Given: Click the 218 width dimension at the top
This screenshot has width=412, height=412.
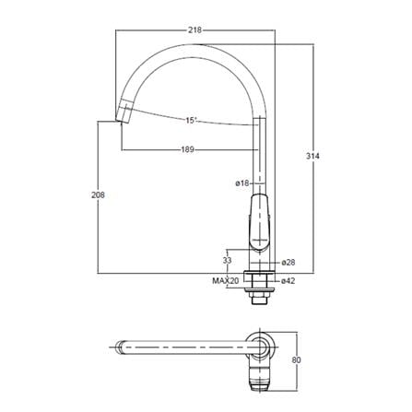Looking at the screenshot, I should (x=195, y=30).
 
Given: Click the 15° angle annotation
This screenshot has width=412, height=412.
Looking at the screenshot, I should (x=190, y=120).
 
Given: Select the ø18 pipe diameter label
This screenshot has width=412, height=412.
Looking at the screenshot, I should (x=242, y=184).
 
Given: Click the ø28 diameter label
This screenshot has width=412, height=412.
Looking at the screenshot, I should (x=288, y=263).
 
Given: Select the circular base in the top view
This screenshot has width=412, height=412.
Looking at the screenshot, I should (x=262, y=348).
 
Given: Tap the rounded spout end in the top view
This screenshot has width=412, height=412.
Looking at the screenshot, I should (x=123, y=348).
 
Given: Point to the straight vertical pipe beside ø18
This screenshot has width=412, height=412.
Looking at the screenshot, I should (x=260, y=166).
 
